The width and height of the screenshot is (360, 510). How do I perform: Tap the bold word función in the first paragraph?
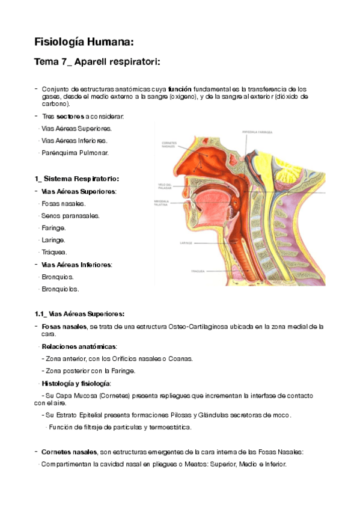pyautogui.click(x=180, y=89)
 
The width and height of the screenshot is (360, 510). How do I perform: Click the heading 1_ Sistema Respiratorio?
pyautogui.click(x=77, y=179)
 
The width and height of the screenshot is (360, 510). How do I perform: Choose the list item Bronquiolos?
pyautogui.click(x=60, y=289)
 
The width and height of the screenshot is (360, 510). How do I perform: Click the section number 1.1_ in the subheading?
pyautogui.click(x=41, y=313)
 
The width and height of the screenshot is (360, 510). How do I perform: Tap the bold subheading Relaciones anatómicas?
pyautogui.click(x=79, y=346)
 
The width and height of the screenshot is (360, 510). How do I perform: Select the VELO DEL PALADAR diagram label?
pyautogui.click(x=165, y=185)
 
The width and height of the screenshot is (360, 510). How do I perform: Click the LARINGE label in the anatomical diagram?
pyautogui.click(x=168, y=244)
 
